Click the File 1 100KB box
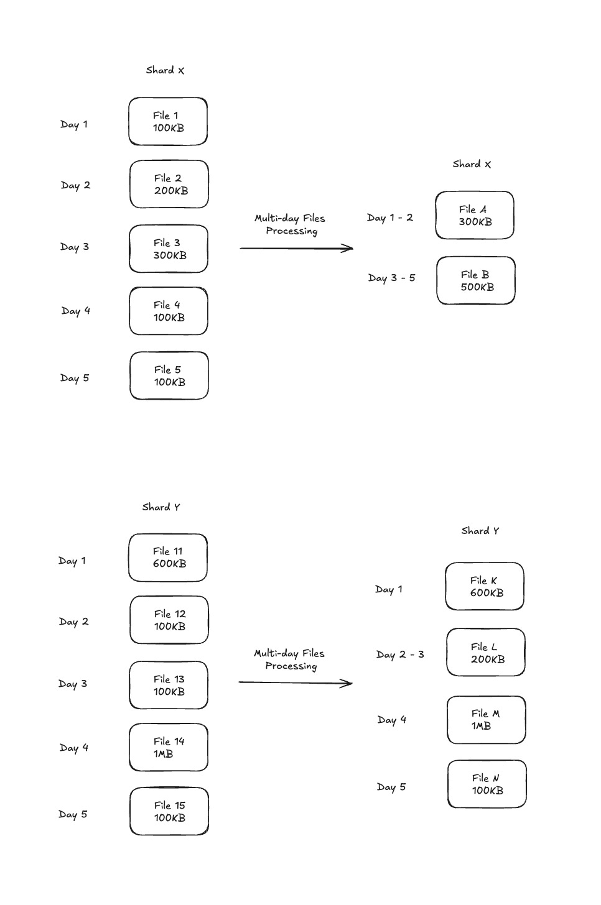point(168,121)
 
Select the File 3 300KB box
point(169,249)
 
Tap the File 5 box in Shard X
point(169,375)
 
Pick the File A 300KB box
point(475,215)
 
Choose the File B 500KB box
point(475,280)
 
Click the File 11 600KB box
point(168,558)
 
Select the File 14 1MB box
point(169,747)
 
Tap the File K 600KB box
point(485,586)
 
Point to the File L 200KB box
point(486,652)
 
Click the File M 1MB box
point(486,720)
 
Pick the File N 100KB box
point(487,784)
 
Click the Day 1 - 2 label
point(390,218)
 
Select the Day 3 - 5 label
point(391,278)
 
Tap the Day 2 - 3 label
point(400,655)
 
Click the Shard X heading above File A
point(472,164)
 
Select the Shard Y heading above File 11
point(161,507)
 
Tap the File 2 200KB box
point(169,184)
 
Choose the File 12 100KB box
point(169,620)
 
